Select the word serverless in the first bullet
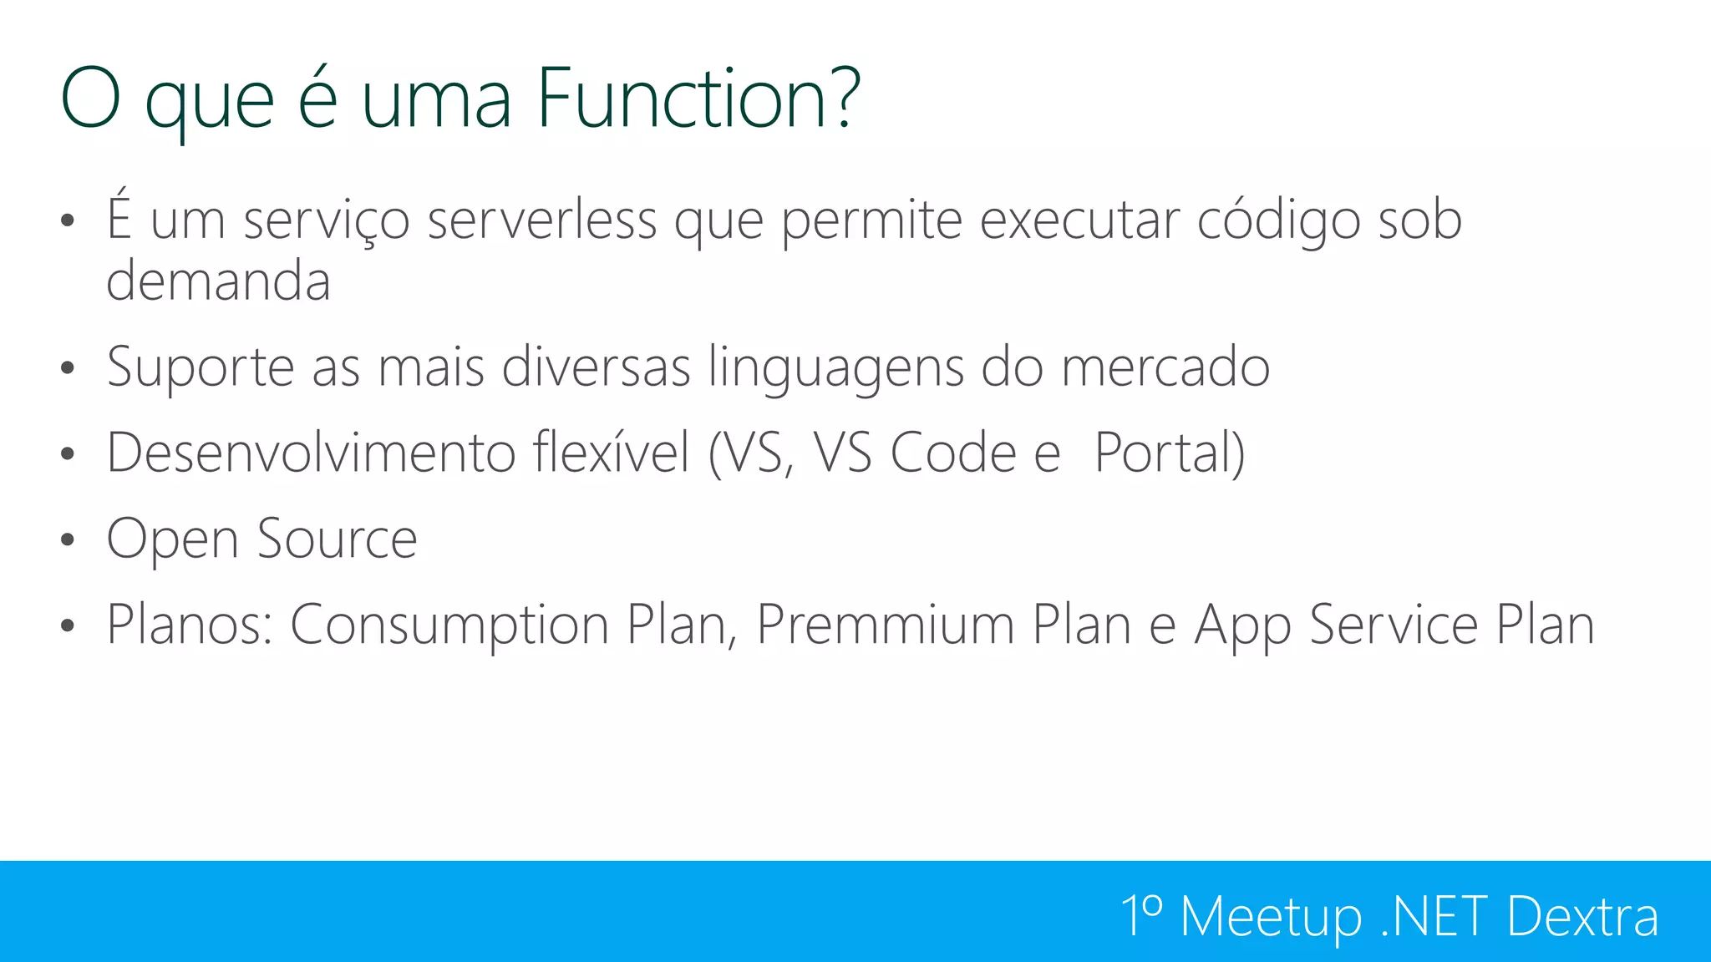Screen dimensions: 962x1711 coord(541,220)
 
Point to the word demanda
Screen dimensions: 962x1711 coord(219,281)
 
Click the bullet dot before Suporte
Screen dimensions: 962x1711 coord(68,368)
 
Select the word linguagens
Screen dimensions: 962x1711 coord(835,368)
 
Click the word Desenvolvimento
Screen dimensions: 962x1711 coord(311,453)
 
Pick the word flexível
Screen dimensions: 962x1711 coord(611,453)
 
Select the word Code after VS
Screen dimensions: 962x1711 coord(952,453)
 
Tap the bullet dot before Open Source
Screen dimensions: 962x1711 coord(68,539)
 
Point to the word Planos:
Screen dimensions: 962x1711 coord(190,625)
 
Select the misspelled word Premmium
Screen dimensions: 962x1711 coord(885,625)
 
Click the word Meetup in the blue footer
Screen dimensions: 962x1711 coord(1272,917)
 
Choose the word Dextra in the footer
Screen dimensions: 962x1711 coord(1582,916)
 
